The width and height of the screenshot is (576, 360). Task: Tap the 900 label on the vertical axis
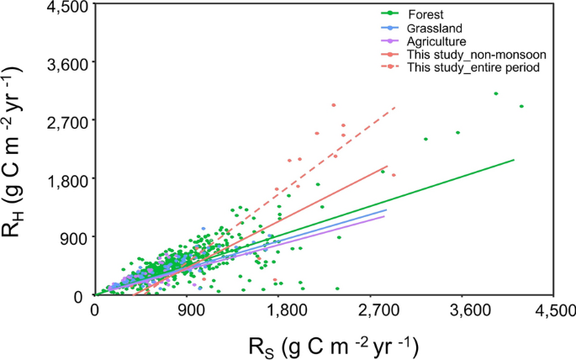point(74,237)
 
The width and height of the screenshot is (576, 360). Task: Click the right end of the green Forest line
point(513,159)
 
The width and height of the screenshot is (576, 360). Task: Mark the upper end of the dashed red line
point(394,108)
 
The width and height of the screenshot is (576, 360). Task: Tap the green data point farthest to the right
point(521,106)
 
